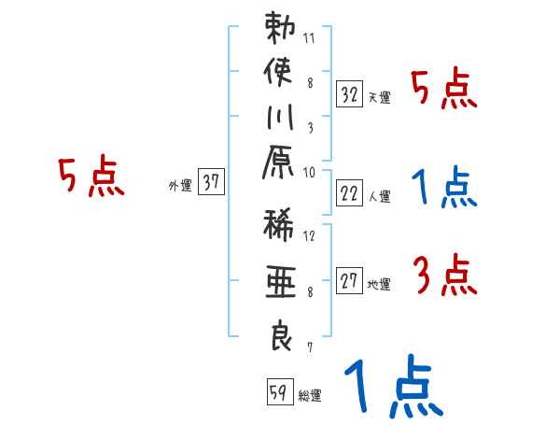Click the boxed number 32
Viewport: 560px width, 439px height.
(349, 95)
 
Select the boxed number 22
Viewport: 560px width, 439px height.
(349, 193)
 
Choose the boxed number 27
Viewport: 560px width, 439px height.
(349, 281)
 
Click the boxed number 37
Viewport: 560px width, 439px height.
(211, 183)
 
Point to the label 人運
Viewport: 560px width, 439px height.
(378, 196)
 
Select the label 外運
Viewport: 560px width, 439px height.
(180, 186)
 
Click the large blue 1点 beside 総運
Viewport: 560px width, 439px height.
(393, 386)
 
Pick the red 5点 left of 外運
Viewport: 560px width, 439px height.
(91, 176)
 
